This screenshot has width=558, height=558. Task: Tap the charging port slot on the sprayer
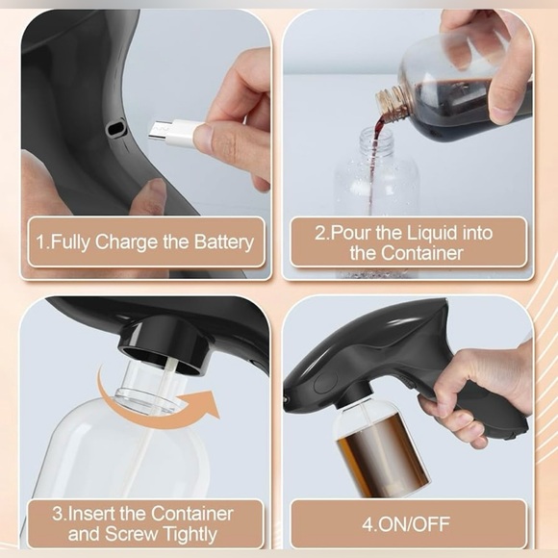pos(116,129)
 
